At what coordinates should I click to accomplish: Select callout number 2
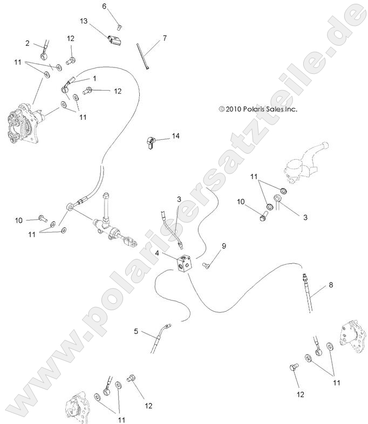click(27, 43)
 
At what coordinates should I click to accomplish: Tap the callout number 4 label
click(156, 252)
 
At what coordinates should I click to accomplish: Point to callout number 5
click(137, 331)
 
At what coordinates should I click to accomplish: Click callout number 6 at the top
click(105, 6)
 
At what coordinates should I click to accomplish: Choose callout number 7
click(165, 38)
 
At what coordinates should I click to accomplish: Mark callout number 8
click(331, 284)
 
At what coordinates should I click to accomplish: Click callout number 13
click(83, 21)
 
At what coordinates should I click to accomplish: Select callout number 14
click(175, 137)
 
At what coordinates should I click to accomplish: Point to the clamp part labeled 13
click(113, 40)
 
